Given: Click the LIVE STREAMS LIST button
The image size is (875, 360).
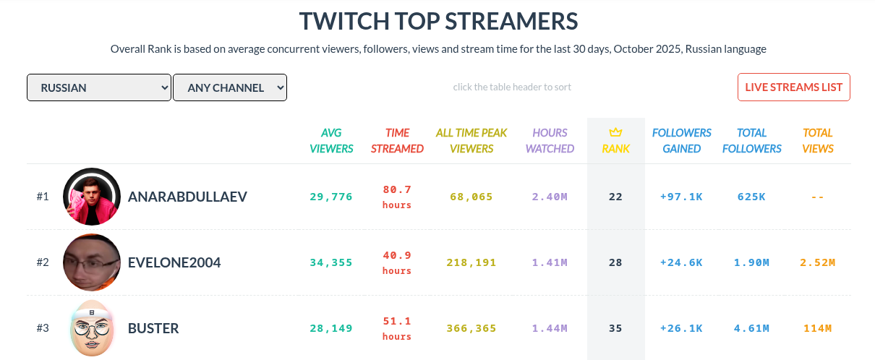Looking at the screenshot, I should click(x=793, y=87).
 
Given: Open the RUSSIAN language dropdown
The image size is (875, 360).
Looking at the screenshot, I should click(x=98, y=87).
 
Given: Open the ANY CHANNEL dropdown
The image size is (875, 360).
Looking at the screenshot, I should click(x=230, y=87).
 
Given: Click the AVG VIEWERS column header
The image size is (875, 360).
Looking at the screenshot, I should click(x=331, y=140).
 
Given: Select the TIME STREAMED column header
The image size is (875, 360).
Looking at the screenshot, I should click(x=397, y=140).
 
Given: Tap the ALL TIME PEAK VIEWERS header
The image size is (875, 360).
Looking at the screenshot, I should click(x=471, y=140).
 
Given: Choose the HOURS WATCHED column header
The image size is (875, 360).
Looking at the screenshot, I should click(x=550, y=140).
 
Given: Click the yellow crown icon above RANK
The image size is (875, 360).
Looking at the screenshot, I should click(x=615, y=132).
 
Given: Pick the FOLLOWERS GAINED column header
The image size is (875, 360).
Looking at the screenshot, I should click(x=681, y=140).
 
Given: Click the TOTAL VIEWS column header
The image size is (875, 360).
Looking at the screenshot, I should click(x=817, y=140).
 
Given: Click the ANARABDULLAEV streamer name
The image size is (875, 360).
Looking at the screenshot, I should click(x=187, y=197).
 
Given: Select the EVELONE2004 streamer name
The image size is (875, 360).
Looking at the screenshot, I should click(x=174, y=262).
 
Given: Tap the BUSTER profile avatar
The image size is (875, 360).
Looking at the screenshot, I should click(x=92, y=328).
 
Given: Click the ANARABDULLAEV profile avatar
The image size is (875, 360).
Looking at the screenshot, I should click(x=92, y=197).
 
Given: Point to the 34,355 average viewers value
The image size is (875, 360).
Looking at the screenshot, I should click(x=331, y=262).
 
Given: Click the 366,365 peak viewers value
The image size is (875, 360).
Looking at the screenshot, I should click(x=471, y=328).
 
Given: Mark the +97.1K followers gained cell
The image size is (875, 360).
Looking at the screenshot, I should click(x=681, y=197).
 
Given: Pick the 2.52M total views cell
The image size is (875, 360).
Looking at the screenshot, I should click(x=817, y=262).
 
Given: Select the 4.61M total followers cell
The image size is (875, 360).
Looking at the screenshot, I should click(x=751, y=328).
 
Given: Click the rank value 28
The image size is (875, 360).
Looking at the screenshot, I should click(x=615, y=262).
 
